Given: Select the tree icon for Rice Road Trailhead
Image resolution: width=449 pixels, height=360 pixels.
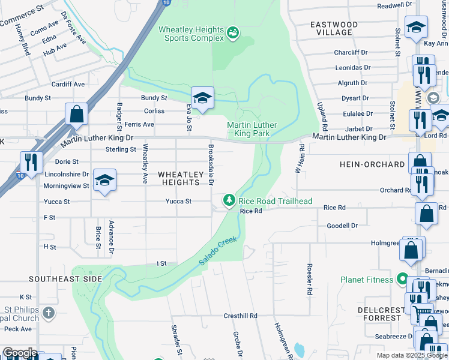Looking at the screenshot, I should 229,200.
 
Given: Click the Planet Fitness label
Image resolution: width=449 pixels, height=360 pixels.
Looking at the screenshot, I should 367,280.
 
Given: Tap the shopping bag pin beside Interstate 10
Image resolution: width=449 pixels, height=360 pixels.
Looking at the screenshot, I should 77,114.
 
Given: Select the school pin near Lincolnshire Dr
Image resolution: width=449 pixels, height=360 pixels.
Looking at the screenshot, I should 104,181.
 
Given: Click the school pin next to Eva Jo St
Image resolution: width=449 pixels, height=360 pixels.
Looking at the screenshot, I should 203,98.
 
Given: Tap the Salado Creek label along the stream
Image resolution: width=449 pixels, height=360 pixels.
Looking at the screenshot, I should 218,251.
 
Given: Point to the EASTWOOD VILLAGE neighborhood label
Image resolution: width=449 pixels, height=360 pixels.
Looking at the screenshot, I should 334,28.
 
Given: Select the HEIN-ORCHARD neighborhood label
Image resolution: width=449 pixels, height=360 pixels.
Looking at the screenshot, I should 372,164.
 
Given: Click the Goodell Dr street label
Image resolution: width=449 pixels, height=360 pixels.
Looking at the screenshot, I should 342,226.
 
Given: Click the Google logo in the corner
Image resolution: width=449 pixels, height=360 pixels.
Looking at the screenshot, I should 19,353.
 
